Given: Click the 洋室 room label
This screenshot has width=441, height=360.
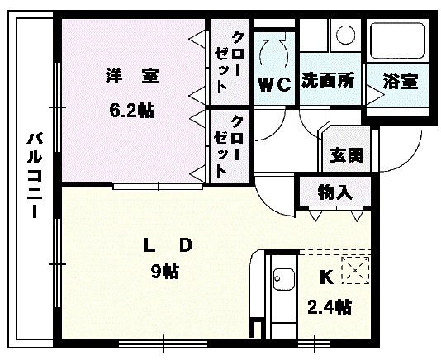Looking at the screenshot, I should click(131, 77).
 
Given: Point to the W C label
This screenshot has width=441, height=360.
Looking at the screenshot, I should click(275, 83).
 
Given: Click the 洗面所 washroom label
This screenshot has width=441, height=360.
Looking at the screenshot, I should click(327, 81).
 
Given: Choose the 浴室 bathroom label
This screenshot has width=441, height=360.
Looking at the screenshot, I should click(400, 82).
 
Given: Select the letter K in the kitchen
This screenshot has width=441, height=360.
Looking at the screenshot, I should click(325, 277).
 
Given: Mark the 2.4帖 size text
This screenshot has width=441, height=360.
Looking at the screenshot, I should click(329, 307).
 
